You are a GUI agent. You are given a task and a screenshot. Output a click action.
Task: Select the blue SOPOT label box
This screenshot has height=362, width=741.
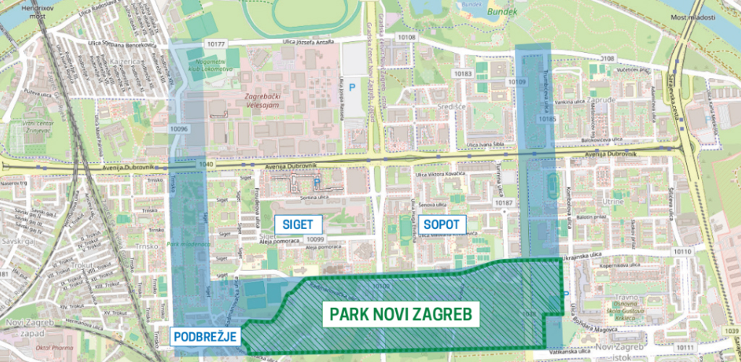pos(441,224)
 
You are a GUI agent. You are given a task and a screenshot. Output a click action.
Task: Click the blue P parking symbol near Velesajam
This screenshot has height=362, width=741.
pos(353,87)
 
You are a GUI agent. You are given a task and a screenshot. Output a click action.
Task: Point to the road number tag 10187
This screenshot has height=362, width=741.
pos(504,203)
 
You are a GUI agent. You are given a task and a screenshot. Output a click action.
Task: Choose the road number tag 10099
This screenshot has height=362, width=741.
pos(315,239)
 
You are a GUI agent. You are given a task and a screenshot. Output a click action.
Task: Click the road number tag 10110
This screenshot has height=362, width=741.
pos(682,251)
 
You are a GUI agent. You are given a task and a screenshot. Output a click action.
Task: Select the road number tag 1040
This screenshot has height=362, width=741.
pos(209,165)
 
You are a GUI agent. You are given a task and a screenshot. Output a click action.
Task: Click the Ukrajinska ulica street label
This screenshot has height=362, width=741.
pos(597,256)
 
